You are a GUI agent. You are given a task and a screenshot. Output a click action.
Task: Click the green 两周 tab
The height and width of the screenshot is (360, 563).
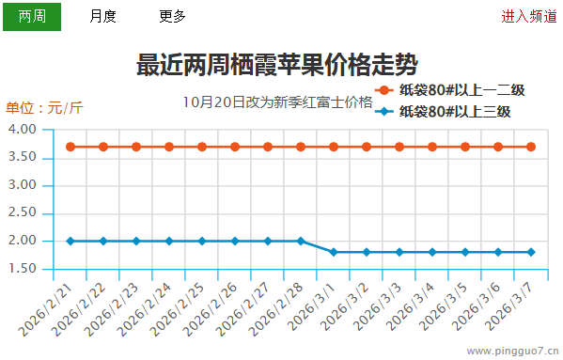32,16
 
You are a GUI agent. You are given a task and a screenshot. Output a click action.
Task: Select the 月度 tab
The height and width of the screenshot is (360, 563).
103,16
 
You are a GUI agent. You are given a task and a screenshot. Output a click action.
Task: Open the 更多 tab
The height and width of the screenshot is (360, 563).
172,16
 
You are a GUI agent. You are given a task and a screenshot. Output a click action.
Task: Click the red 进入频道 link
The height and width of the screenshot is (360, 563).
528,16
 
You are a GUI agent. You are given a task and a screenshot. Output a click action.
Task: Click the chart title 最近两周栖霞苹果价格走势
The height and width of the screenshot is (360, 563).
277,65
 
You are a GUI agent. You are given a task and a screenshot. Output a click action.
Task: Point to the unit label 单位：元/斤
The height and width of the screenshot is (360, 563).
44,108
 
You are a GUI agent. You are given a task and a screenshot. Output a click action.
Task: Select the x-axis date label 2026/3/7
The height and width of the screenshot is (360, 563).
522,306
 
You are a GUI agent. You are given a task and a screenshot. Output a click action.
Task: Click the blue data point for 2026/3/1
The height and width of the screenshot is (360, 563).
334,252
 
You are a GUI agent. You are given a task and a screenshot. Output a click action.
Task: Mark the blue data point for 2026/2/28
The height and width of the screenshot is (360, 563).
301,241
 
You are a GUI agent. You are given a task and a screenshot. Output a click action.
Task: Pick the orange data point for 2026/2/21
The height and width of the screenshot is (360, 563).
70,147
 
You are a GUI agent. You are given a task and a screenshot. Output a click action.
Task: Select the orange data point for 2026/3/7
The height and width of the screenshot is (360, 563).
531,147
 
